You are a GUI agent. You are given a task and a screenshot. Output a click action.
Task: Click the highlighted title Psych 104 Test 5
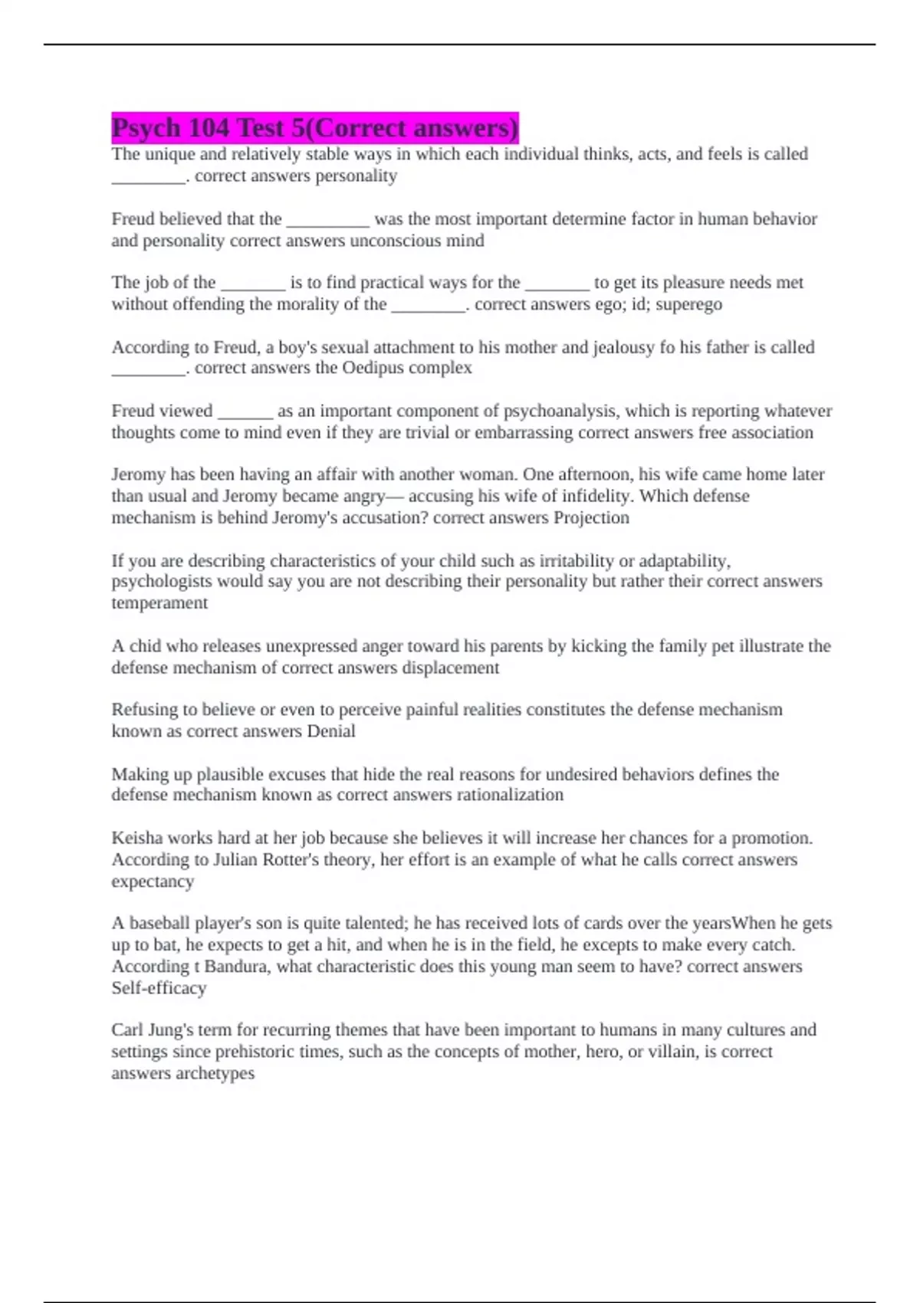coord(314,127)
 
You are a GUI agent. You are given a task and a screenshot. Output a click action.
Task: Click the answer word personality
coord(357,176)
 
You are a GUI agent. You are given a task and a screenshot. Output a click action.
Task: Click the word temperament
coord(159,603)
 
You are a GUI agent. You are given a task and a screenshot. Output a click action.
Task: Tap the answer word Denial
coord(330,731)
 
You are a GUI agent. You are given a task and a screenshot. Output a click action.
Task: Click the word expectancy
coord(153,881)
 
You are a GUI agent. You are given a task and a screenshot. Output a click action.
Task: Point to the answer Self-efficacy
coord(159,988)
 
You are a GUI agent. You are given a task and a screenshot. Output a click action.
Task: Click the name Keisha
coord(136,838)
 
